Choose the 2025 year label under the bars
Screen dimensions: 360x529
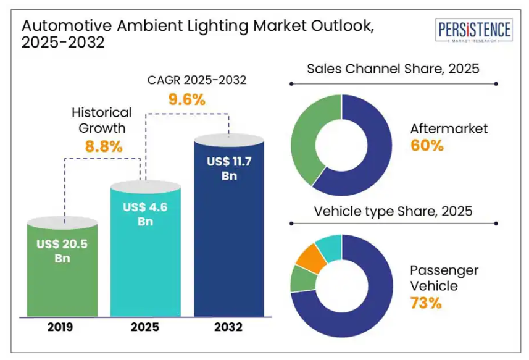click(x=146, y=327)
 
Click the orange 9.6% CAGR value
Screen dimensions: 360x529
click(x=186, y=99)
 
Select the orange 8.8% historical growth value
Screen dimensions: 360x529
click(x=102, y=147)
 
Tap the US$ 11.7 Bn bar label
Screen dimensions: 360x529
click(x=230, y=168)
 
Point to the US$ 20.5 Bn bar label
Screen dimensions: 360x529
click(x=62, y=251)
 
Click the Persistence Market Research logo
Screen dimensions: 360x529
click(x=474, y=31)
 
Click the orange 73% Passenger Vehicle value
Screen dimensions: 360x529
click(x=426, y=303)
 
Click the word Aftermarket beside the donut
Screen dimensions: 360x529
click(x=449, y=129)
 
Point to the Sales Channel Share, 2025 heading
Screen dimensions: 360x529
click(x=393, y=69)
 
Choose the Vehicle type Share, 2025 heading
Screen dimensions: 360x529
click(x=393, y=211)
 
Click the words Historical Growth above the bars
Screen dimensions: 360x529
click(x=102, y=120)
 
